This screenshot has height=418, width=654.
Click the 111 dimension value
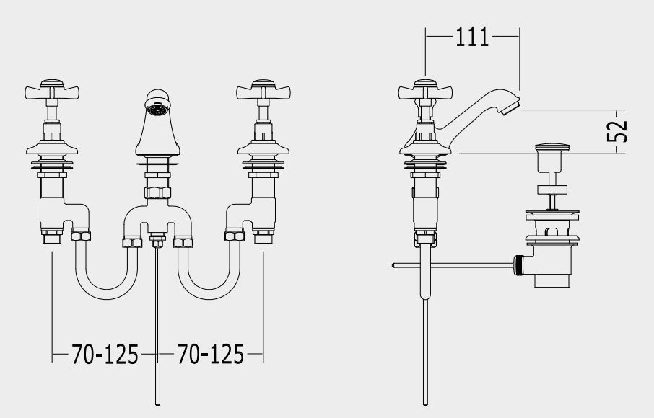[x=472, y=37]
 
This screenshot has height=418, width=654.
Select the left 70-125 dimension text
[x=105, y=355]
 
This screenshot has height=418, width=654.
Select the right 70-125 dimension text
[x=211, y=355]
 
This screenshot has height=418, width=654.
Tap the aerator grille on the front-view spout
[x=157, y=110]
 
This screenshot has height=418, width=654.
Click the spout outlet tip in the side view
[x=511, y=107]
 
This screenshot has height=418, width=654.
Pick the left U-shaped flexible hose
[x=106, y=291]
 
